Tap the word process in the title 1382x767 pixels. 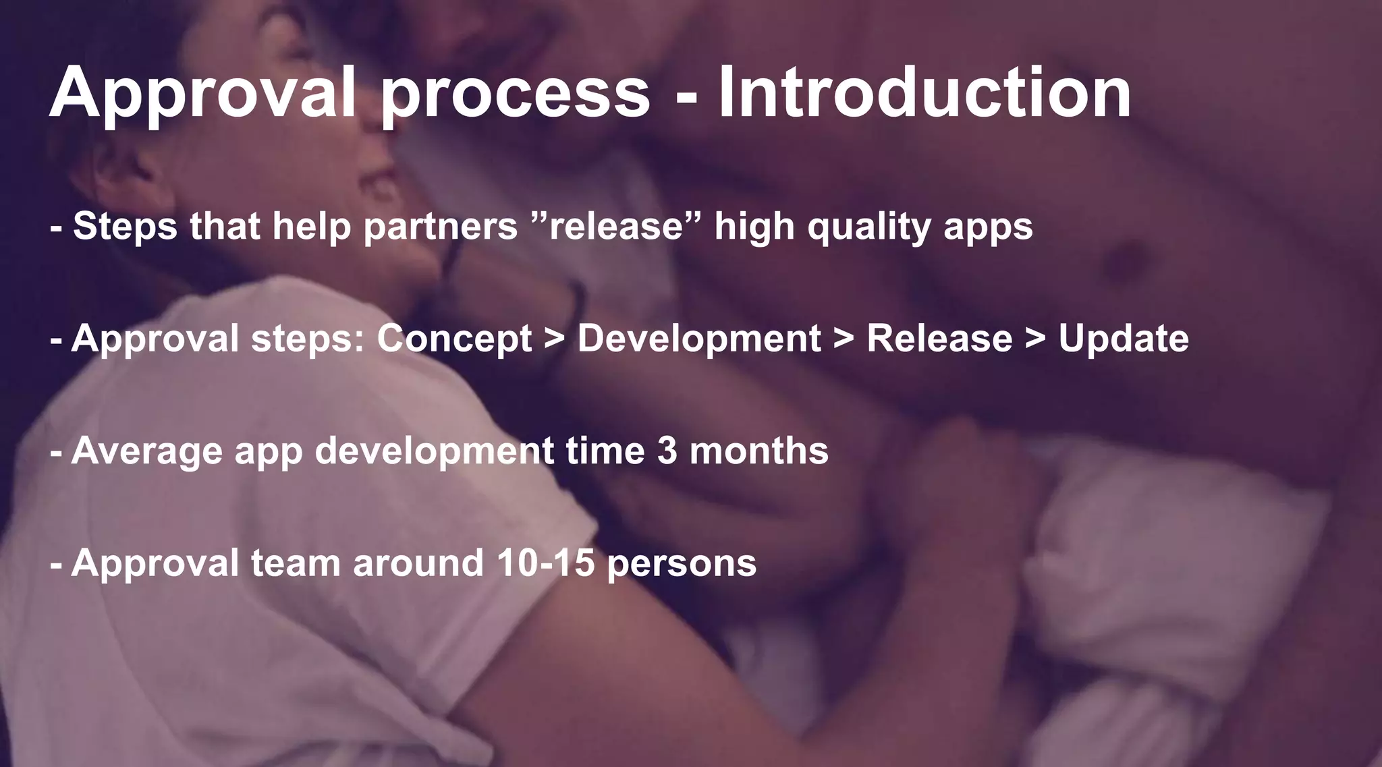516,94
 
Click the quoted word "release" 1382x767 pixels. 617,225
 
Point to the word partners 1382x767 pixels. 440,227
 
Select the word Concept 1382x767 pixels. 454,339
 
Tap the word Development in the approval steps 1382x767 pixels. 698,339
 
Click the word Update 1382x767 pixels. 1123,339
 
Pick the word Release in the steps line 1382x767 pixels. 939,338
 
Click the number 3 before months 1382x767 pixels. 667,451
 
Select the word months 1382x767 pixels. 758,451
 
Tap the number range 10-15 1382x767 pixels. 546,563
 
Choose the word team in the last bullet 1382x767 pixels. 296,563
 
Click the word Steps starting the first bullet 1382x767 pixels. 125,227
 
